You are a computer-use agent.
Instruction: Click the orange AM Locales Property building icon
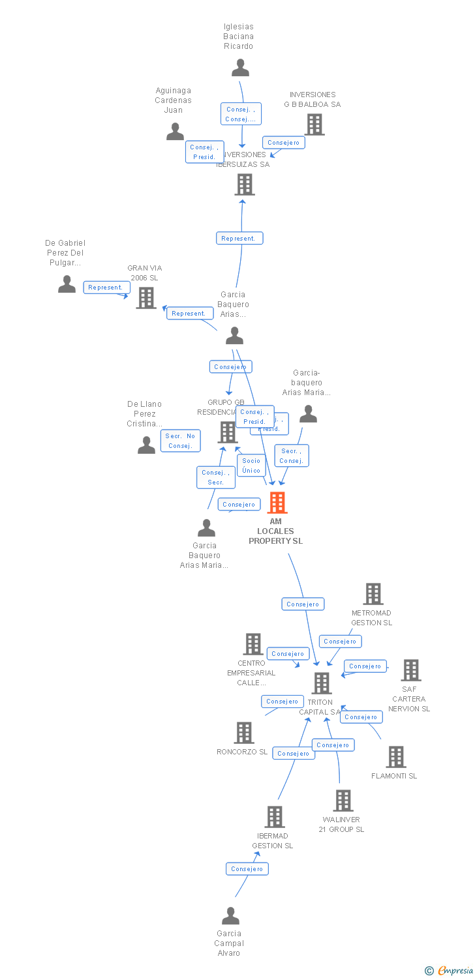coord(277,503)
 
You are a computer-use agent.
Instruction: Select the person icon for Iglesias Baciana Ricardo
coord(241,68)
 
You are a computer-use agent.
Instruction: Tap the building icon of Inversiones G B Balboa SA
coord(314,125)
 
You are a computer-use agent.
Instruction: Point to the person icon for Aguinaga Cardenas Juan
coord(175,132)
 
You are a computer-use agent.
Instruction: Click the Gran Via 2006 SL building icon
coord(146,297)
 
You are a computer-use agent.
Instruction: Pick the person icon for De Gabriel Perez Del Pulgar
coord(67,284)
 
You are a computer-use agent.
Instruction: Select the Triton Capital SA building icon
coord(322,683)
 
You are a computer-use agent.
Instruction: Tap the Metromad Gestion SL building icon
coord(373,594)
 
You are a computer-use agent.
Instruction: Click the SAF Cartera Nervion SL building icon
coord(410,670)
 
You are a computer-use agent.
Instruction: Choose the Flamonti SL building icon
coord(396,757)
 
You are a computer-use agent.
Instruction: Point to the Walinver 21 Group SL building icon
coord(343,801)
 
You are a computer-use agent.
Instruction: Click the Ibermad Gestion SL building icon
coord(275,817)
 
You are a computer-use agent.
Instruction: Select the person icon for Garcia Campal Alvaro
coord(230,916)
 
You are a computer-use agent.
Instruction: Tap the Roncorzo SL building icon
coord(244,733)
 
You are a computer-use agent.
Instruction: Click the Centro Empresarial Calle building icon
coord(253,644)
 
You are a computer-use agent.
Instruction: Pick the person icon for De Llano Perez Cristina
coord(147,445)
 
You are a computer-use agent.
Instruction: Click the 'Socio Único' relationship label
coord(251,466)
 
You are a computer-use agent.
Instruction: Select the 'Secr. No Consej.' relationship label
coord(180,441)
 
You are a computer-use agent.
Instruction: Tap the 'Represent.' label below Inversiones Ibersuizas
coord(239,239)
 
